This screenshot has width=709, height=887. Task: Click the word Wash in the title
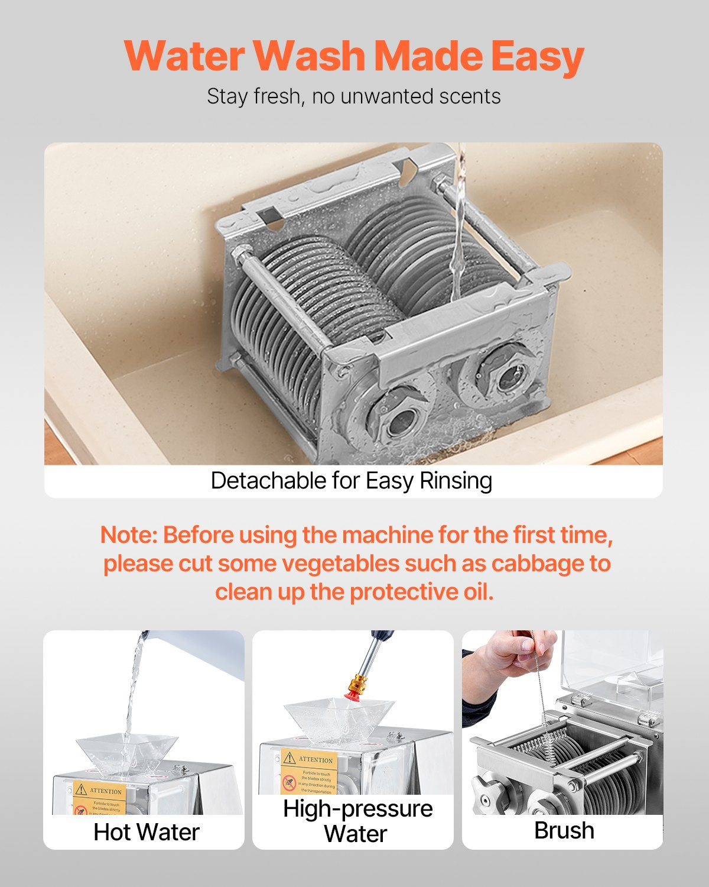(310, 56)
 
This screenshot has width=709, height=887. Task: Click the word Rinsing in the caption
(456, 481)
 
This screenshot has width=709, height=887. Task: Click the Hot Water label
(147, 832)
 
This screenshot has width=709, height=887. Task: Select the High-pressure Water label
(357, 821)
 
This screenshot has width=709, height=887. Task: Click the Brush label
(564, 830)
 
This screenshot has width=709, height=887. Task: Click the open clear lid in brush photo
(612, 668)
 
